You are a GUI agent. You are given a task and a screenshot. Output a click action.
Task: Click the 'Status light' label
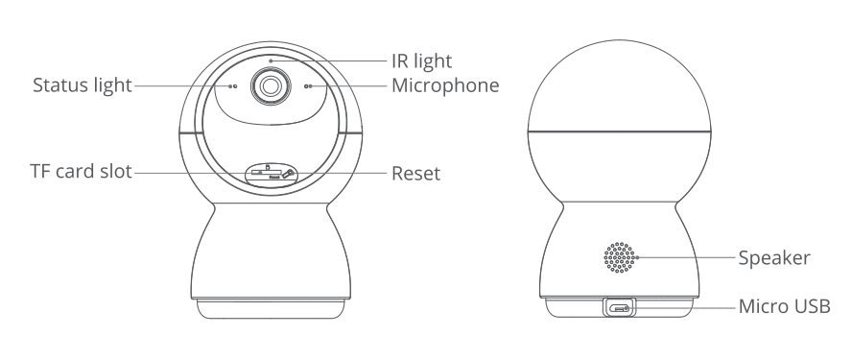[83, 85]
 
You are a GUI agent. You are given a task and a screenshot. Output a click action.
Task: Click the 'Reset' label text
[415, 174]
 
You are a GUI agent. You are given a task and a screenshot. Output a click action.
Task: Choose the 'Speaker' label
[775, 257]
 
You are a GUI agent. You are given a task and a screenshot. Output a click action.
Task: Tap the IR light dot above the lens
[272, 60]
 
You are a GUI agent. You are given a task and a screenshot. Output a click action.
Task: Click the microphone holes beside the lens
[308, 85]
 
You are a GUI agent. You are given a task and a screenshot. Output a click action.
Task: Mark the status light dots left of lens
[233, 85]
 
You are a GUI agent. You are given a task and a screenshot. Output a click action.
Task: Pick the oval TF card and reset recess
[272, 174]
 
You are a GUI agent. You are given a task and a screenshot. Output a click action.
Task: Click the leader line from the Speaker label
[686, 257]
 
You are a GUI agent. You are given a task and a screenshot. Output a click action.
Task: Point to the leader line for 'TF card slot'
[192, 174]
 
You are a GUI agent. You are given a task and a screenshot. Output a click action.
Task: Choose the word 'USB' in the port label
[809, 308]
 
